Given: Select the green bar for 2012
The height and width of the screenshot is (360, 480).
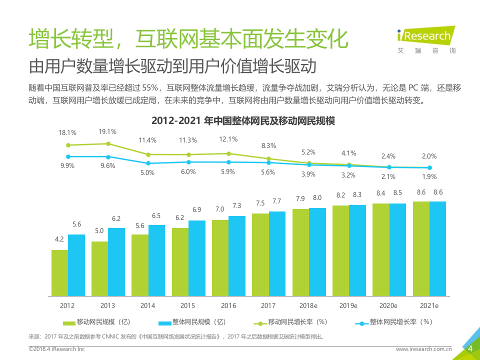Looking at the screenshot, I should point(59,272).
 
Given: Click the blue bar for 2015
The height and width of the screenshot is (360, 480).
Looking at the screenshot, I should point(196,257).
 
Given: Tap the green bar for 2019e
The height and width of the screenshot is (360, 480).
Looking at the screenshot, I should point(340,250).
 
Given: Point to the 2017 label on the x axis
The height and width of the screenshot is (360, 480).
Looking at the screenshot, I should point(268,305).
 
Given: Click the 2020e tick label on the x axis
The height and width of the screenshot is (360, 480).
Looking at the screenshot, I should point(388,305).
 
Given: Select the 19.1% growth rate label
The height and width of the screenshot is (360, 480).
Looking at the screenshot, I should point(107,132).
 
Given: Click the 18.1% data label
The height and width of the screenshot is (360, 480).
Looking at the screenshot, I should point(67,133).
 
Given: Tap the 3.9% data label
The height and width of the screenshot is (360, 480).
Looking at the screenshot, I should point(308,174).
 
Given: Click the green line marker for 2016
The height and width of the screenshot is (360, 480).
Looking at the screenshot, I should point(228,153).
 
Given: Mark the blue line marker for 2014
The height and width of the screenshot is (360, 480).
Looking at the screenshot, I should point(148,163).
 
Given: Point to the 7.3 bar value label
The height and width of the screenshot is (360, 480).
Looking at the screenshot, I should point(237,206).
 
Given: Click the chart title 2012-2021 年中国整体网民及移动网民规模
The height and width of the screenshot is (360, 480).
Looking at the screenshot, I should point(243,120).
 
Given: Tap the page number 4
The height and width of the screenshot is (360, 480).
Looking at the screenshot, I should point(470,349).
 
